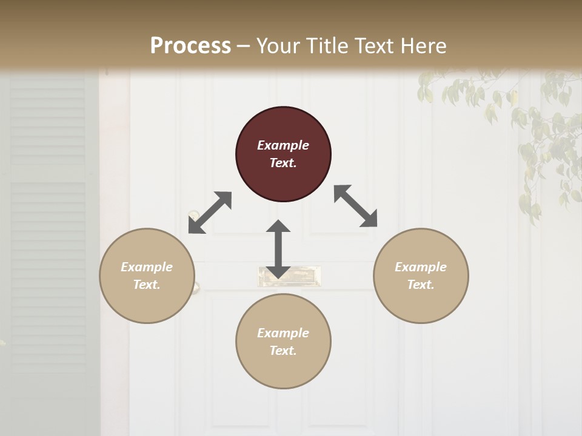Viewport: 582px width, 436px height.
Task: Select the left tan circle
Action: (x=147, y=276)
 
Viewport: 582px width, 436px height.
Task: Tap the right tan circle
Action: (x=421, y=276)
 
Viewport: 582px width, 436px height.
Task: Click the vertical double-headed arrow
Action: (x=278, y=249)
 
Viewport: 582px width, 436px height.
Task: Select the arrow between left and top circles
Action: (x=210, y=213)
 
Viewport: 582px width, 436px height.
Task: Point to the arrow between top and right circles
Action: (x=356, y=206)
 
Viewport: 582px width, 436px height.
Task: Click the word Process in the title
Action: (x=190, y=45)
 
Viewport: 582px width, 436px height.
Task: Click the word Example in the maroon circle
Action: (x=283, y=145)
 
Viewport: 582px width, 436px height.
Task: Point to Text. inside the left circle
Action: (x=147, y=285)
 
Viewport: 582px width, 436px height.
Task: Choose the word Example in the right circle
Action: (x=421, y=267)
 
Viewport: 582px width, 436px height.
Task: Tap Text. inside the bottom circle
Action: (x=283, y=351)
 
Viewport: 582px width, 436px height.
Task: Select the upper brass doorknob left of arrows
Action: (x=193, y=215)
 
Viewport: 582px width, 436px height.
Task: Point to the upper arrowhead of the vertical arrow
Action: (x=278, y=226)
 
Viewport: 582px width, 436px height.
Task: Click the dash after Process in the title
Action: (x=244, y=47)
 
